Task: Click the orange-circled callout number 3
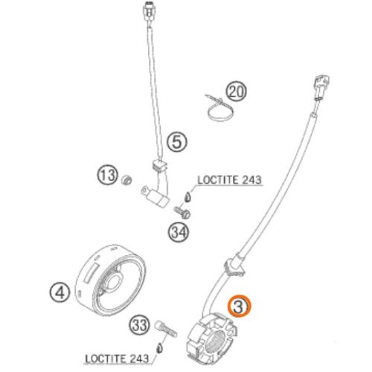pos(239,307)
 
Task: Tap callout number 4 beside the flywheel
pos(60,292)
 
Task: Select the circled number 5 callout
pos(177,142)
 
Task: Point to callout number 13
pos(107,176)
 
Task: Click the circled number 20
pos(237,91)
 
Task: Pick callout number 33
pos(139,324)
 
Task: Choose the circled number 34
pos(179,233)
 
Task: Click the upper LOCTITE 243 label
pos(229,180)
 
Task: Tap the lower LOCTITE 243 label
pos(117,359)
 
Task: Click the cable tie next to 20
pos(219,109)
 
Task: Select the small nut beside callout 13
pos(126,180)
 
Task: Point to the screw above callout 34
pos(182,212)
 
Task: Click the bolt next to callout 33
pos(166,329)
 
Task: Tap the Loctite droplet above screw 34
pos(187,196)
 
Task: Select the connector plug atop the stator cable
pos(321,87)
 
